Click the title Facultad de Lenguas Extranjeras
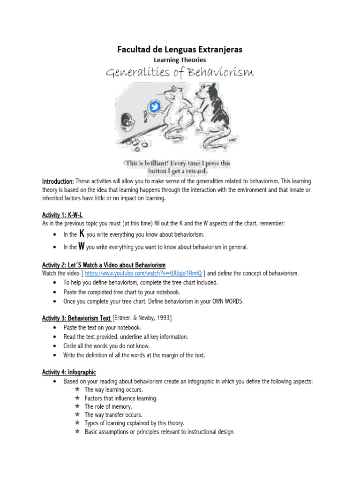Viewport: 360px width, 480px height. coord(180,49)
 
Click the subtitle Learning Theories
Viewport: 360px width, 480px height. coord(180,60)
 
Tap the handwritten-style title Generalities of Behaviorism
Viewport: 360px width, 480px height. coord(180,73)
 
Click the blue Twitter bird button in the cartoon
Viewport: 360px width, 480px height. coord(153,107)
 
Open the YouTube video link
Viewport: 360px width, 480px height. coord(143,273)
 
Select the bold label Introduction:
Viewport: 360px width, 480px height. coord(58,181)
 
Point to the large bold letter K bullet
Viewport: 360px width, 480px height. coord(82,233)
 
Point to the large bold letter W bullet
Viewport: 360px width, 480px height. coord(82,246)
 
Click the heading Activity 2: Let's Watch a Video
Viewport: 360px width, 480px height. coord(104,265)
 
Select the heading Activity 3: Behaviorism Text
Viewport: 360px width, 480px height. coord(76,318)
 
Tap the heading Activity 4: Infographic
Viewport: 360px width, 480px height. coord(69,372)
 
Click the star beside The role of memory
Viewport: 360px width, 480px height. coord(77,406)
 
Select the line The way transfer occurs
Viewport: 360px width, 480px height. coord(113,415)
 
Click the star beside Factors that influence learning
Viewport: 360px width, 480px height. coord(77,398)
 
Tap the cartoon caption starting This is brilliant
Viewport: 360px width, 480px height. coord(178,167)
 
